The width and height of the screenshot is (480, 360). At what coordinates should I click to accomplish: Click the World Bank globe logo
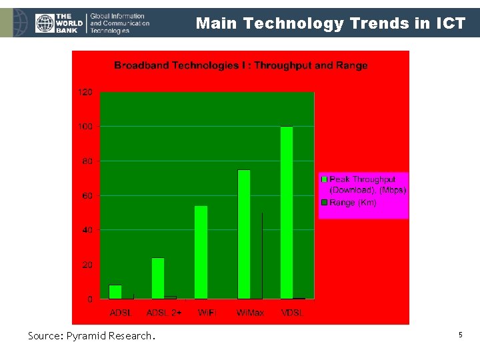pyautogui.click(x=45, y=24)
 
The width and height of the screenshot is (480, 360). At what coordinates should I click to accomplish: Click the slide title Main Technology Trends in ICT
pyautogui.click(x=330, y=24)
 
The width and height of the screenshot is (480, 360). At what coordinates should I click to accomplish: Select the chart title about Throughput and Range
pyautogui.click(x=241, y=65)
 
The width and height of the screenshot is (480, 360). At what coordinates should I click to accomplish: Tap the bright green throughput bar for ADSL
pyautogui.click(x=115, y=292)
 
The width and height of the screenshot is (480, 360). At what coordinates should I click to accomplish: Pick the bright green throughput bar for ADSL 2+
pyautogui.click(x=158, y=278)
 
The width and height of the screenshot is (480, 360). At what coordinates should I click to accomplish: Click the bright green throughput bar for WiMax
pyautogui.click(x=244, y=234)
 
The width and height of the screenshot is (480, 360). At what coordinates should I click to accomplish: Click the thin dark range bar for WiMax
pyautogui.click(x=262, y=256)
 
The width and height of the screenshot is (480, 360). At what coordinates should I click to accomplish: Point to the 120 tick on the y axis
pyautogui.click(x=86, y=92)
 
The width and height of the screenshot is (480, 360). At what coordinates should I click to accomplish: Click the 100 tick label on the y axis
pyautogui.click(x=86, y=127)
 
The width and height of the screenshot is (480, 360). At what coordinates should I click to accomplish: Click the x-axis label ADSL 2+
pyautogui.click(x=163, y=313)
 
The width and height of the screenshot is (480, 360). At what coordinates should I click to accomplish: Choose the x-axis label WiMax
pyautogui.click(x=248, y=313)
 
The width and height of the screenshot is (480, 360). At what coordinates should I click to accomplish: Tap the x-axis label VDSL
pyautogui.click(x=291, y=313)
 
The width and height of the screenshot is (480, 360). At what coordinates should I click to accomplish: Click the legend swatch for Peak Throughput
pyautogui.click(x=325, y=179)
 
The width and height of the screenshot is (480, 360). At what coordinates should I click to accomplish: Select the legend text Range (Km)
pyautogui.click(x=353, y=203)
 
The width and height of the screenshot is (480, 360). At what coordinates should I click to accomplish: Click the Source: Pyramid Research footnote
pyautogui.click(x=91, y=336)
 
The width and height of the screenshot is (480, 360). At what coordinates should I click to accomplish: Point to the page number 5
pyautogui.click(x=460, y=335)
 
